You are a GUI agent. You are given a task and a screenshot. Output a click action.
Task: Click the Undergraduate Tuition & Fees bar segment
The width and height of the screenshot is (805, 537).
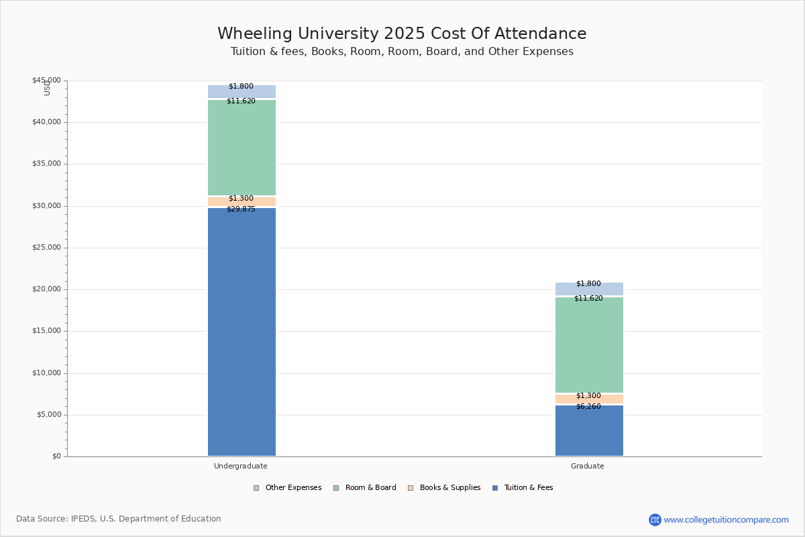[x=242, y=332]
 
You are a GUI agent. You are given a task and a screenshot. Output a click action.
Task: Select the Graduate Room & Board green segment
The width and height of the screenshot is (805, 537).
[x=590, y=345]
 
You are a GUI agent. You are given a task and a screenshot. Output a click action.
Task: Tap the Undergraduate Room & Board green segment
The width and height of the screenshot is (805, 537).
[x=242, y=148]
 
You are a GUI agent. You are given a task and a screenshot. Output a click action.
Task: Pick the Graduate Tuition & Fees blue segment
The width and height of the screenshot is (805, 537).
[x=590, y=430]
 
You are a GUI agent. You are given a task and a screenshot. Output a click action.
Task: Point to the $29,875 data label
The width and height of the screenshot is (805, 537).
[x=241, y=209]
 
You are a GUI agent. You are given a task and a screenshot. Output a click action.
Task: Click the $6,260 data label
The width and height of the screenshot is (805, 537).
[x=589, y=406]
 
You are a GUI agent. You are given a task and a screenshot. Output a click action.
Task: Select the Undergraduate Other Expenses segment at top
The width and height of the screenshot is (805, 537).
[x=242, y=91]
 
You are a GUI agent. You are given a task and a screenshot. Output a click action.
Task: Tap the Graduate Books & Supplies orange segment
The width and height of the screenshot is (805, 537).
[x=590, y=399]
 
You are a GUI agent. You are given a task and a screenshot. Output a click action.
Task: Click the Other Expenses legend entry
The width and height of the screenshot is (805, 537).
[x=288, y=488]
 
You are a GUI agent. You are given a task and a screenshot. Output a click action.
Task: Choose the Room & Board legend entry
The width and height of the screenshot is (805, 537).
[x=365, y=488]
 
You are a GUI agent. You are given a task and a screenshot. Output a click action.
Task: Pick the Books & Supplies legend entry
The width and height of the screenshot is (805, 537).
[x=444, y=488]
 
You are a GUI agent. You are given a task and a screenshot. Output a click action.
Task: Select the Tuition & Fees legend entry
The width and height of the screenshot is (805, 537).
[x=523, y=488]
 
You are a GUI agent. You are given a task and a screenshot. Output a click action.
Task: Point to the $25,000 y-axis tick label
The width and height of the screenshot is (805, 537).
[x=47, y=248]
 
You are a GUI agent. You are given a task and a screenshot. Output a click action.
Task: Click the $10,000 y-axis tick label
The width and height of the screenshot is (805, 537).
[x=47, y=373]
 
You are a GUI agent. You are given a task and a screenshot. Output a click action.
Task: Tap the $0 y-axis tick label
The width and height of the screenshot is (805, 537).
[x=57, y=456]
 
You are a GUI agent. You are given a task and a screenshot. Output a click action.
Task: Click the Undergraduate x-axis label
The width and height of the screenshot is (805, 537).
[x=241, y=466]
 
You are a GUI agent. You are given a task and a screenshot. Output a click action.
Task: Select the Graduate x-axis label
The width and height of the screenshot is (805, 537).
[x=588, y=466]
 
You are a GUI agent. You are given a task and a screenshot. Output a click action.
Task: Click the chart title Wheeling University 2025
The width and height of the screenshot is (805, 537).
[x=402, y=34]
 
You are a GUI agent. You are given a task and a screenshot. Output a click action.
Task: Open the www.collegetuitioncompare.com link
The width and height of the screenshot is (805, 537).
[x=726, y=520]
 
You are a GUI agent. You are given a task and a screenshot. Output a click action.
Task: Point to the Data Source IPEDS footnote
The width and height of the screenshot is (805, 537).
[x=119, y=519]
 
